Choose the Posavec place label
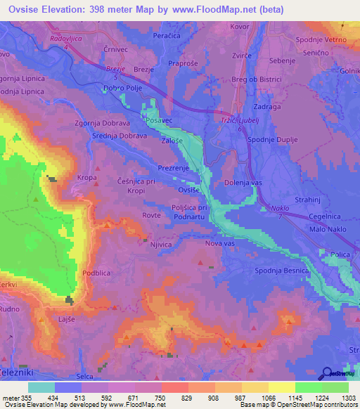click(x=158, y=121)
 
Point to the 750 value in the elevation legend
click(x=160, y=398)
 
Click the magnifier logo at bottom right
click(x=328, y=374)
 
